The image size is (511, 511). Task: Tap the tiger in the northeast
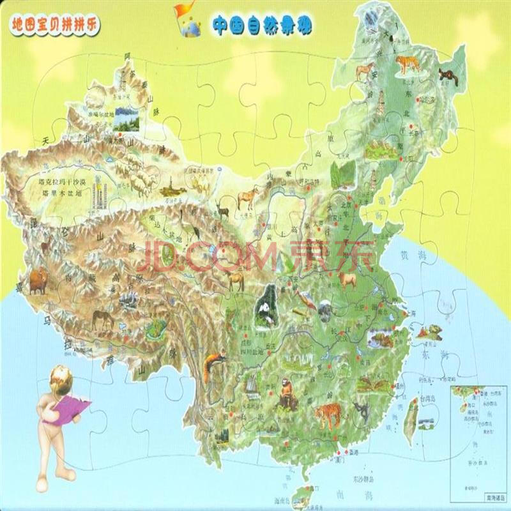tap(406, 63)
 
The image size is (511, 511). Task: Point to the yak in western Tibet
tap(36, 281)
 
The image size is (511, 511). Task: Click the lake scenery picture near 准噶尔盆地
tap(126, 121)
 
